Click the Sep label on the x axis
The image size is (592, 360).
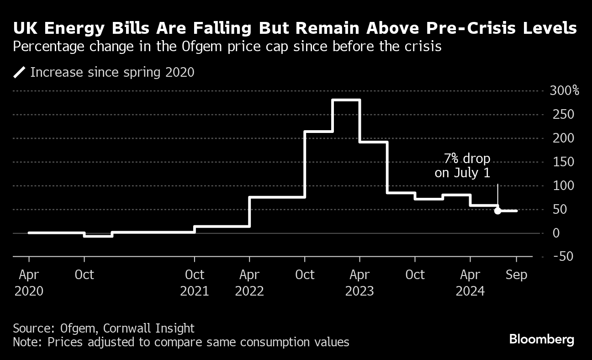pos(517,275)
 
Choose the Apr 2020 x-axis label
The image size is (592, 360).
pos(29,283)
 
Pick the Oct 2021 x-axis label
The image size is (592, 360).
pos(195,283)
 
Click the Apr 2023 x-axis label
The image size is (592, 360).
pos(360,283)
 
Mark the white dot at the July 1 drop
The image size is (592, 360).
pos(497,211)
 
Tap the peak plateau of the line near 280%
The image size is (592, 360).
pos(346,100)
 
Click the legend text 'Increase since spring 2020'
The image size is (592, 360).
pos(112,72)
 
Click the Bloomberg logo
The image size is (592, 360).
pos(541,339)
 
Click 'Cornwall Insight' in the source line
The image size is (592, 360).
pos(149,328)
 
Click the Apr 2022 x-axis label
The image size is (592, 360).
pos(249,283)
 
